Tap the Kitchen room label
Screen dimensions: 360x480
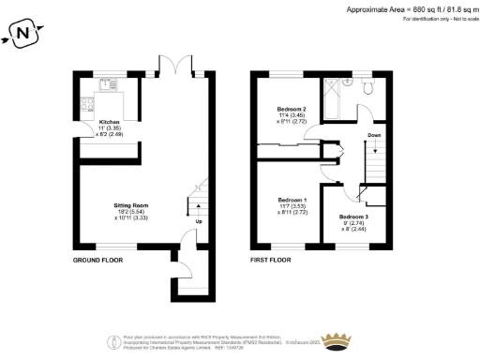[109, 123]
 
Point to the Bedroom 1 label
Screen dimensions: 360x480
[292, 200]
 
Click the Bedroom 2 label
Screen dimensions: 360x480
[292, 110]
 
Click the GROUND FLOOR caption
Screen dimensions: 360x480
[98, 258]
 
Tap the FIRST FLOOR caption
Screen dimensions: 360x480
[271, 258]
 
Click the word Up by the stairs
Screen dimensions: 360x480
[198, 222]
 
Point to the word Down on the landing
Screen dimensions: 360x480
[374, 135]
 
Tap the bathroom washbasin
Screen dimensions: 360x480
[349, 82]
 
